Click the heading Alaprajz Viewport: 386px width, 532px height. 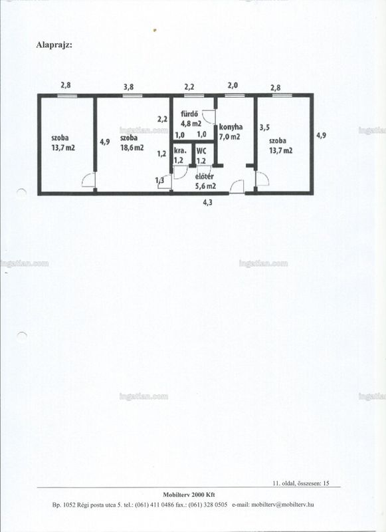click(x=54, y=45)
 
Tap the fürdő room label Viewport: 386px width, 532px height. click(x=189, y=114)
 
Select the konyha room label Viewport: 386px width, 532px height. click(x=231, y=127)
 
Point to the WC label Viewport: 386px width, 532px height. click(x=201, y=152)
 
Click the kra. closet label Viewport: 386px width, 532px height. click(x=180, y=151)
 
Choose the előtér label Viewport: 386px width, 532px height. click(x=205, y=176)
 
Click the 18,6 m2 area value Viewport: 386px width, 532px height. click(x=132, y=148)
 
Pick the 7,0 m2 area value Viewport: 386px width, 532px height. click(x=230, y=137)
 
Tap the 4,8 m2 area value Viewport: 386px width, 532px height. click(x=191, y=124)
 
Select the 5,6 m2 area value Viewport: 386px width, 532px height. click(x=206, y=186)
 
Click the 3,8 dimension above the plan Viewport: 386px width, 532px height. click(x=128, y=87)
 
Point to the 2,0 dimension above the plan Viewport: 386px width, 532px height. click(x=233, y=86)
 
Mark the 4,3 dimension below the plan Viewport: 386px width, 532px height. click(x=207, y=203)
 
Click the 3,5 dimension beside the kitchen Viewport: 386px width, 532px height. click(x=264, y=128)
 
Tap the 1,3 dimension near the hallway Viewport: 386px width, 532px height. click(x=159, y=180)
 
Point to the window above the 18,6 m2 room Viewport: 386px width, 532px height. click(x=132, y=96)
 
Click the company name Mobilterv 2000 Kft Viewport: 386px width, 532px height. click(x=189, y=495)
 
